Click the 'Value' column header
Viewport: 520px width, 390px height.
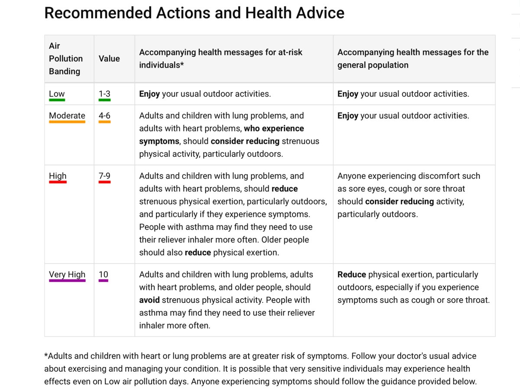109,58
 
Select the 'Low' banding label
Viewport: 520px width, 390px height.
57,94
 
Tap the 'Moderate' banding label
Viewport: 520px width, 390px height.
67,116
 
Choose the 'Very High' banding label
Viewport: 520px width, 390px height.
67,275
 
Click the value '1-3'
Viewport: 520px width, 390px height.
104,94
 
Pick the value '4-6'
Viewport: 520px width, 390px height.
104,116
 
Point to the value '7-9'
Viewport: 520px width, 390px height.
104,175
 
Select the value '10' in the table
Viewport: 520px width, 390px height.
103,274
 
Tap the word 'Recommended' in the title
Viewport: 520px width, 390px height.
98,13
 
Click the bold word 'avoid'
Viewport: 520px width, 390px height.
149,300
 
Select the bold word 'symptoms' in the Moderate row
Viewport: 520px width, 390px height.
159,141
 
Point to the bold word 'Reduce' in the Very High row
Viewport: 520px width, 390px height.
351,274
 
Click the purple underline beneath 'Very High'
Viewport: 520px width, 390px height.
67,281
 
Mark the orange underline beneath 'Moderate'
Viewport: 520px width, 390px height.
67,122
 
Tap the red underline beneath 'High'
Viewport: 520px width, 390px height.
58,182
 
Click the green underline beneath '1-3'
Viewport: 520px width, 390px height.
104,100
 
